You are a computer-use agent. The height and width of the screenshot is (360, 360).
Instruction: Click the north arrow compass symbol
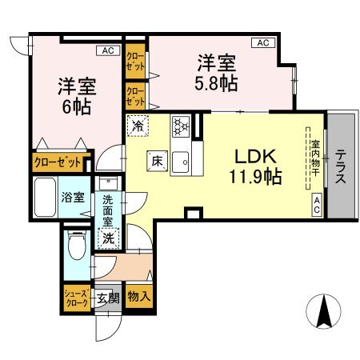coord(323,311)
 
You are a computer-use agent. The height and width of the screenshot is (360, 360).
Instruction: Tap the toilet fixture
coord(77,245)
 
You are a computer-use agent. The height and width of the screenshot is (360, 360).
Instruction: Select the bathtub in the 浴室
coord(45,198)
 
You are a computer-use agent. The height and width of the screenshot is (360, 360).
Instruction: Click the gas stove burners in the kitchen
coord(181,126)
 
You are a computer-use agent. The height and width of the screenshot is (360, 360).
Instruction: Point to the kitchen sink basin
coord(181,162)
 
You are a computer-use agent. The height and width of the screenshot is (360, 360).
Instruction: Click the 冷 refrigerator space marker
coord(138,126)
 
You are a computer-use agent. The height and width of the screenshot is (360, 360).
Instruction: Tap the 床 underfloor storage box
coord(158,161)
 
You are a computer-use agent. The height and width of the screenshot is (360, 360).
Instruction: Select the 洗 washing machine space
coord(109,238)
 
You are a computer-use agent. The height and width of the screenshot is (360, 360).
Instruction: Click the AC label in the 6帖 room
coord(108,50)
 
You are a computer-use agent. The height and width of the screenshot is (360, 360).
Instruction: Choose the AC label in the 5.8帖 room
coord(263,42)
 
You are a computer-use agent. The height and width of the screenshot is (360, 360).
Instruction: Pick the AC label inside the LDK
coord(317,205)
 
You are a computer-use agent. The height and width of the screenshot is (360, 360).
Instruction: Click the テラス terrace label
coord(341,166)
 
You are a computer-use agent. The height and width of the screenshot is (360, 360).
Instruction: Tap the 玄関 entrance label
coord(107,298)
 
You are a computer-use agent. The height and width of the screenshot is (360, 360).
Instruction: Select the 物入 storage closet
coord(139,296)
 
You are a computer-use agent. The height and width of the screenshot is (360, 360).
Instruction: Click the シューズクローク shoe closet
coord(77,298)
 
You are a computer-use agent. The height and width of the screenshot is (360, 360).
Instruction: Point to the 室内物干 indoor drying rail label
coord(315,158)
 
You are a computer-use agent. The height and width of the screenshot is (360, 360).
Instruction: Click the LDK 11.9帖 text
coord(255,166)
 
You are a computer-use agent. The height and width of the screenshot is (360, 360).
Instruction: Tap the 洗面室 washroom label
coord(108,210)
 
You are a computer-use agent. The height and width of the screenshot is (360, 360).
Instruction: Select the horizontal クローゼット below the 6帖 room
coord(58,162)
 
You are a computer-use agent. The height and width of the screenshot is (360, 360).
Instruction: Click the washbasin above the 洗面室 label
coord(108,182)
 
